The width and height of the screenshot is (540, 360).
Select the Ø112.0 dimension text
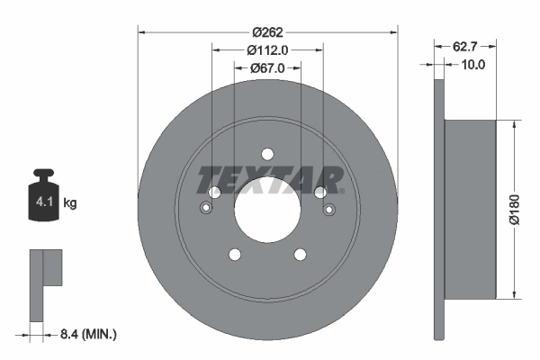(x=267, y=49)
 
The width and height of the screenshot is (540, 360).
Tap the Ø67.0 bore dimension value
(x=267, y=68)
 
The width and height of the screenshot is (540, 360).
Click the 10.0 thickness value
(x=472, y=64)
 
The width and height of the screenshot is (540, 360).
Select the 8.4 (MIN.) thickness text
(x=87, y=334)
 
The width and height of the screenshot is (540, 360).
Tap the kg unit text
(x=70, y=203)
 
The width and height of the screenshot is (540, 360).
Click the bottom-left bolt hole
(x=234, y=255)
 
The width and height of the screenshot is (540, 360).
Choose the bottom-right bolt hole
(x=301, y=255)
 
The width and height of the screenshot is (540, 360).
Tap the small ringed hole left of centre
(x=207, y=211)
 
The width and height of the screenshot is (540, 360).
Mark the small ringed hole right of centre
(x=328, y=211)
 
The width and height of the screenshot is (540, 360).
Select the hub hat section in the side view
(x=471, y=208)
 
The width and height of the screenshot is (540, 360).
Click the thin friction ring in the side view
(x=439, y=208)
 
